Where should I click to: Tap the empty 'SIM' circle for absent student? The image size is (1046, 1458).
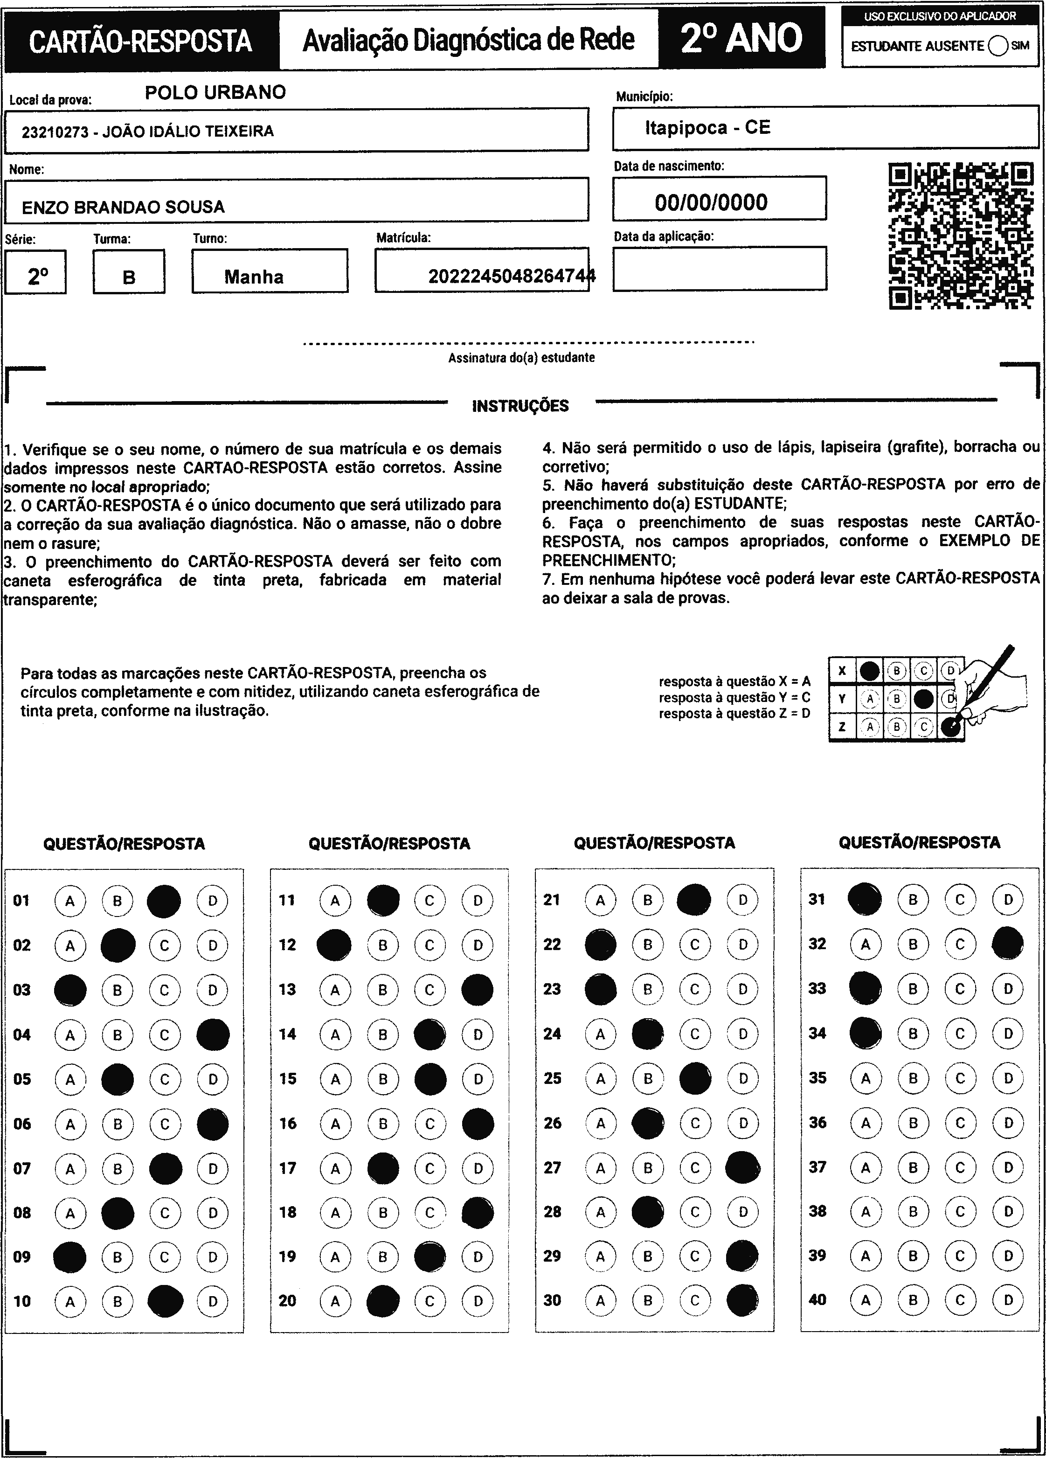[998, 46]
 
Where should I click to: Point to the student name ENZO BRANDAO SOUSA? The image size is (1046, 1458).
[123, 207]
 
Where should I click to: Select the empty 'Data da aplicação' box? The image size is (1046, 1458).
[720, 269]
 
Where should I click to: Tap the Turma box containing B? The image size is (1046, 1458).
[129, 272]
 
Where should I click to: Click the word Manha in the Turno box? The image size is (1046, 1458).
[254, 277]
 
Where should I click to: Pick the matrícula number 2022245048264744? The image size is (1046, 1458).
[512, 277]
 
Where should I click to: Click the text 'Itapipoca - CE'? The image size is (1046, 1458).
[707, 127]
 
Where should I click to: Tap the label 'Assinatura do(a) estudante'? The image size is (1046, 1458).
[521, 357]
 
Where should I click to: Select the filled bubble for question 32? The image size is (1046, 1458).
[1007, 944]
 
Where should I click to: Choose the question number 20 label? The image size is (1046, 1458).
[287, 1300]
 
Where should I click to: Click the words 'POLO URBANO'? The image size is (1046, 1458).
[215, 92]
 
